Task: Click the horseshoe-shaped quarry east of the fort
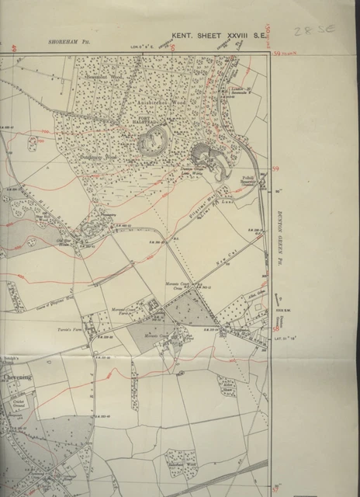click(x=211, y=159)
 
